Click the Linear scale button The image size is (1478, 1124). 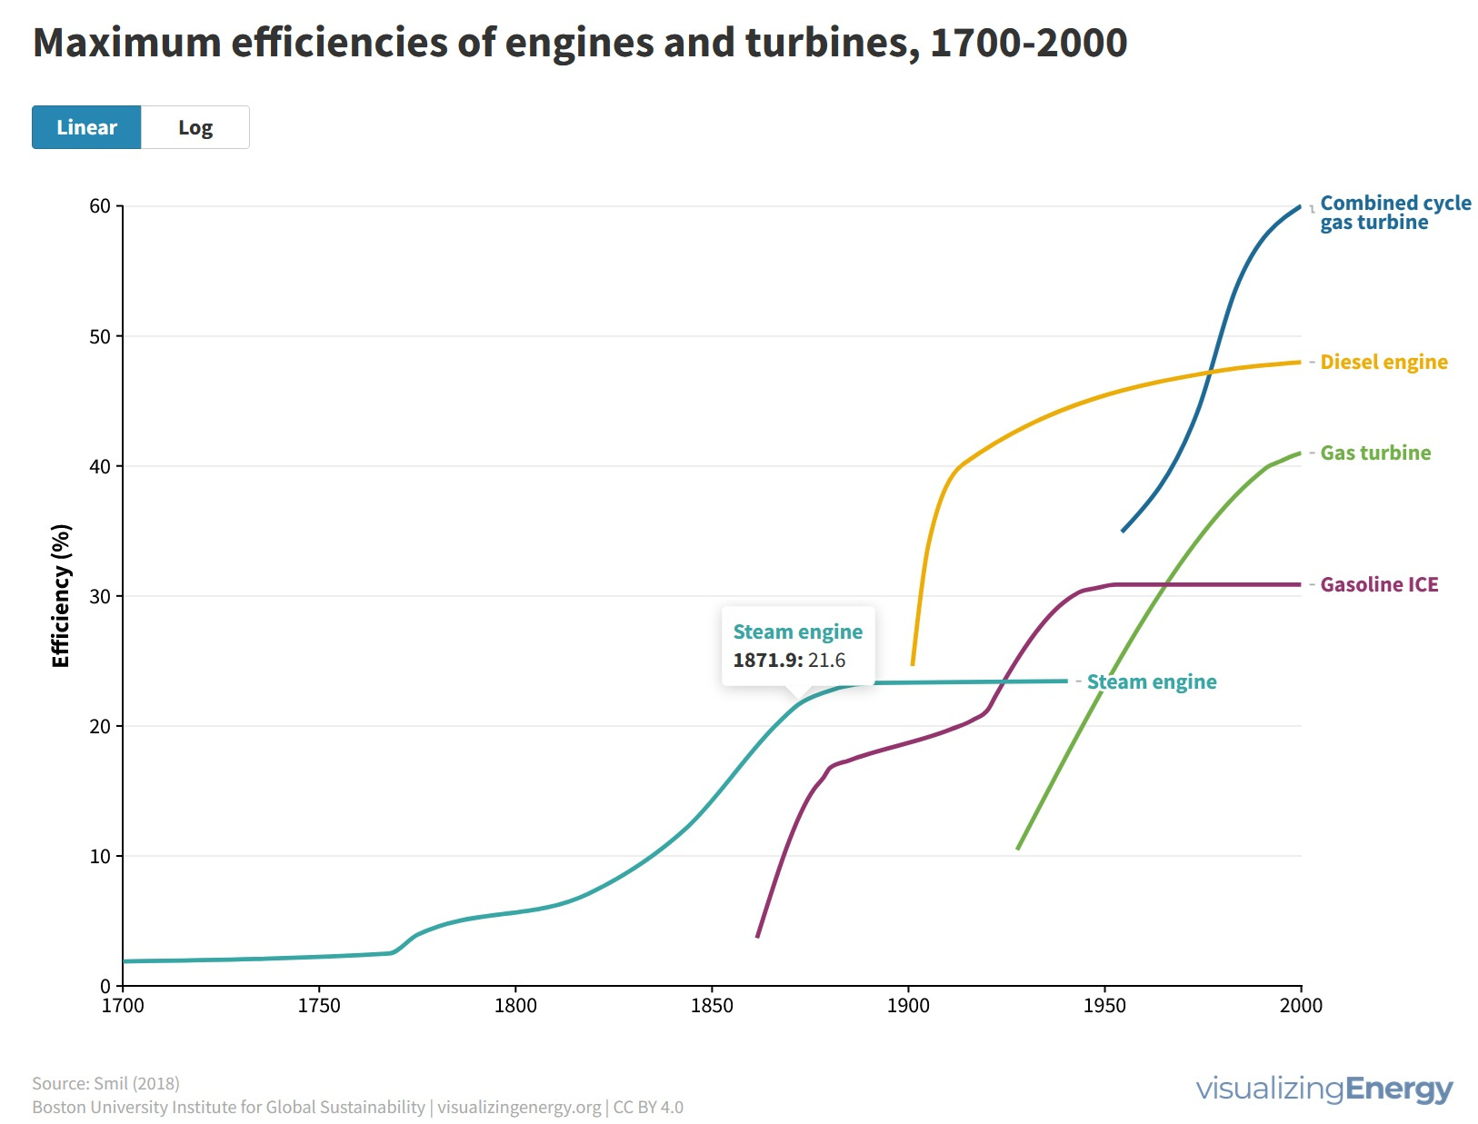(86, 127)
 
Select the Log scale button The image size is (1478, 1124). (195, 127)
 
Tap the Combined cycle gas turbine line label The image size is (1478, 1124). (1394, 213)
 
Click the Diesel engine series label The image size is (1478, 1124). (1383, 362)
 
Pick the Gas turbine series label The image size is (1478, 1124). (1375, 453)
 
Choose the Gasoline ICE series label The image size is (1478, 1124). (1379, 584)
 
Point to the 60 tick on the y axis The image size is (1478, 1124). (100, 206)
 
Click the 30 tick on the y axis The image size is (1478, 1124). (100, 596)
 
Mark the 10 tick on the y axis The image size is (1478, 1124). (100, 856)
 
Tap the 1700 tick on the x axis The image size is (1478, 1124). (123, 1006)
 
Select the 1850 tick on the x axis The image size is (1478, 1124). (712, 1006)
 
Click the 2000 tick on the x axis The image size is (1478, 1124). (1301, 1006)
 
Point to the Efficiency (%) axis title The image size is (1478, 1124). (61, 596)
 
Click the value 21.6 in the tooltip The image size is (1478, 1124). (826, 661)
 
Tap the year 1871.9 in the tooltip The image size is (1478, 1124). (767, 661)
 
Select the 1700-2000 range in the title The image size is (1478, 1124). (1028, 43)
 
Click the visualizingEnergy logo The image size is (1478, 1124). (1323, 1089)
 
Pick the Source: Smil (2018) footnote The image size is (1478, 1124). (105, 1083)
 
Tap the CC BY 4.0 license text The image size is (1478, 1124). (648, 1108)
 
